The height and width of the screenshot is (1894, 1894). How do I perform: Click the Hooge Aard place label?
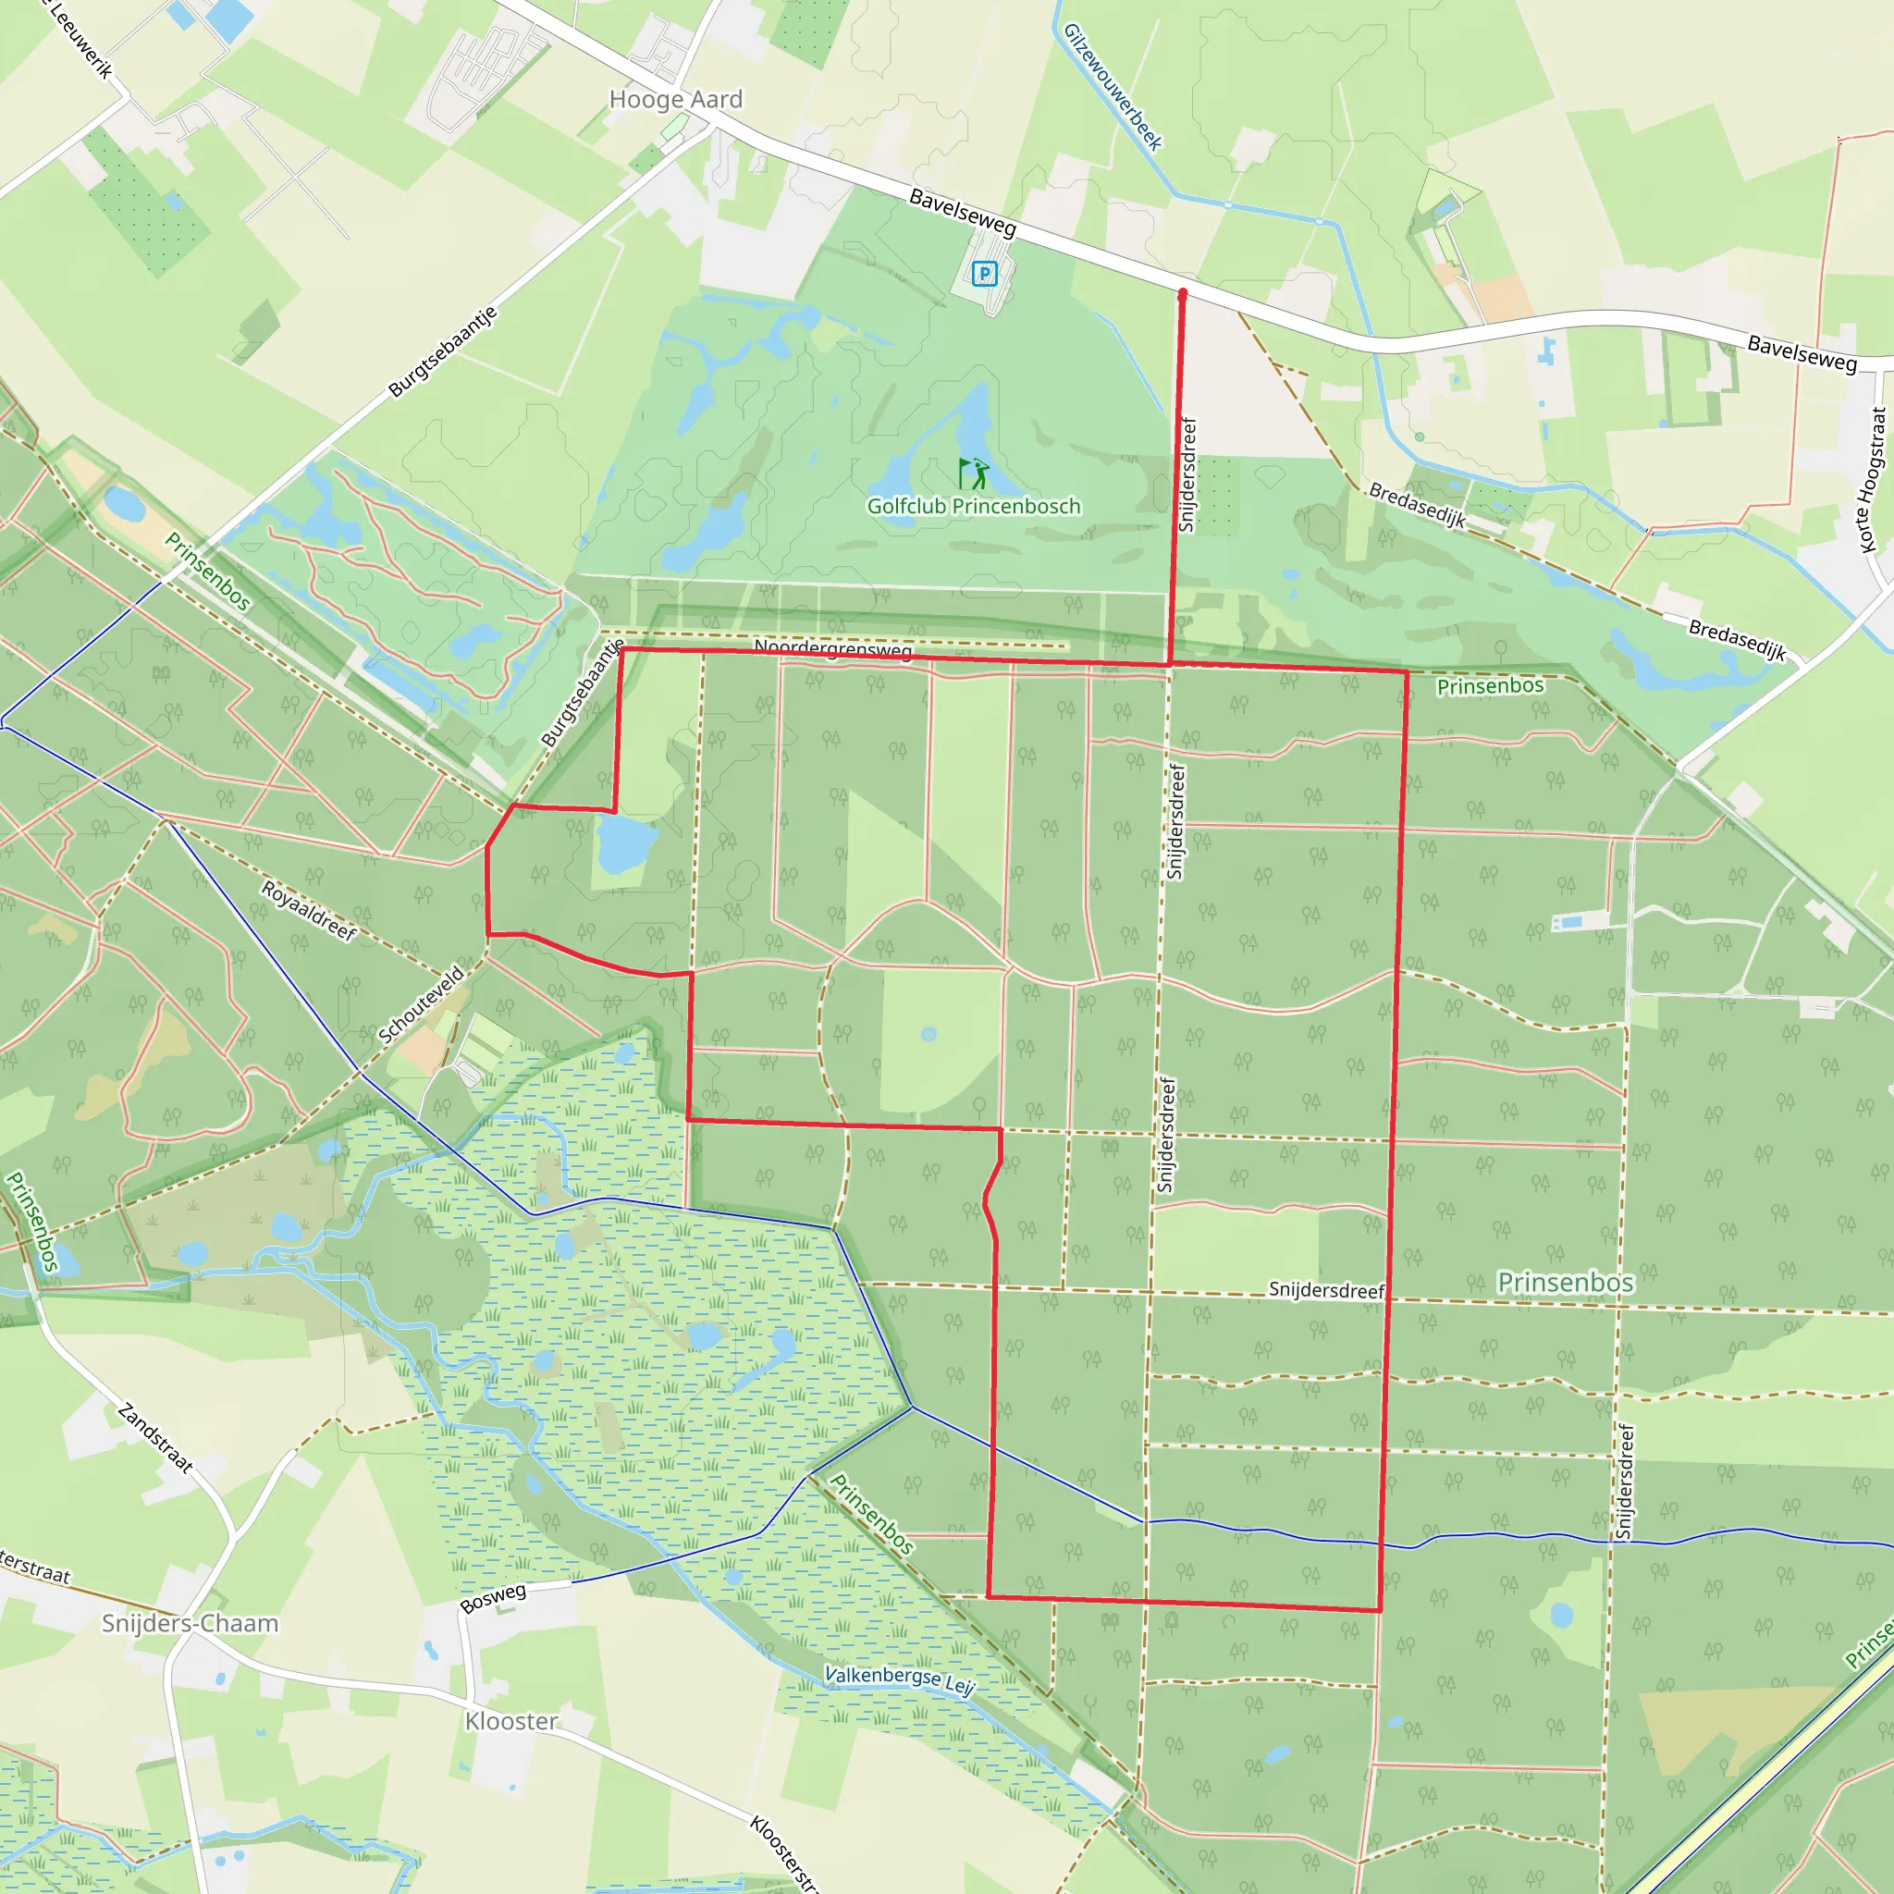point(675,100)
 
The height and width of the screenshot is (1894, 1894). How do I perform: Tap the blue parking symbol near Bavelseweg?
point(984,274)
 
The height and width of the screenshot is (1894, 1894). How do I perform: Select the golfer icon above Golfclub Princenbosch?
point(974,474)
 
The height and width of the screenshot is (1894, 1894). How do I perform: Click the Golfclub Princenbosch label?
point(974,507)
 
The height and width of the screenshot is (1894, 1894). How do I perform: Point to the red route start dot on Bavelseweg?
point(1182,293)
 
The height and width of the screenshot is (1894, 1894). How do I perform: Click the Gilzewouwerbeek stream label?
point(1113,87)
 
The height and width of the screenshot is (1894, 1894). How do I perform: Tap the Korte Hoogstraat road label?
point(1872,480)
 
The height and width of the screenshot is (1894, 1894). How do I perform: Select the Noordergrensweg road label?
point(832,649)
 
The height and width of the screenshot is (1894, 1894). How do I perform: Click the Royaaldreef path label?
point(309,911)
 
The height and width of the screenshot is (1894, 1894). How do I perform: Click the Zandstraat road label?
point(154,1438)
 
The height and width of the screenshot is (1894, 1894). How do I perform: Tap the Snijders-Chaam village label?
point(191,1623)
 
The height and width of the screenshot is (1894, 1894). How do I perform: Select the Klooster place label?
point(510,1721)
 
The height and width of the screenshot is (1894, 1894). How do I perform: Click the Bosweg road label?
point(493,1598)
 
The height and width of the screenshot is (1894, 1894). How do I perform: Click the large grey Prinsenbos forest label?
point(1566,1283)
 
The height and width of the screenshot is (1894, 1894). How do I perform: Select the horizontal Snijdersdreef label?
point(1326,1290)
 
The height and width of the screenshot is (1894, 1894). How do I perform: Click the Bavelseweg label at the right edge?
point(1802,354)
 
